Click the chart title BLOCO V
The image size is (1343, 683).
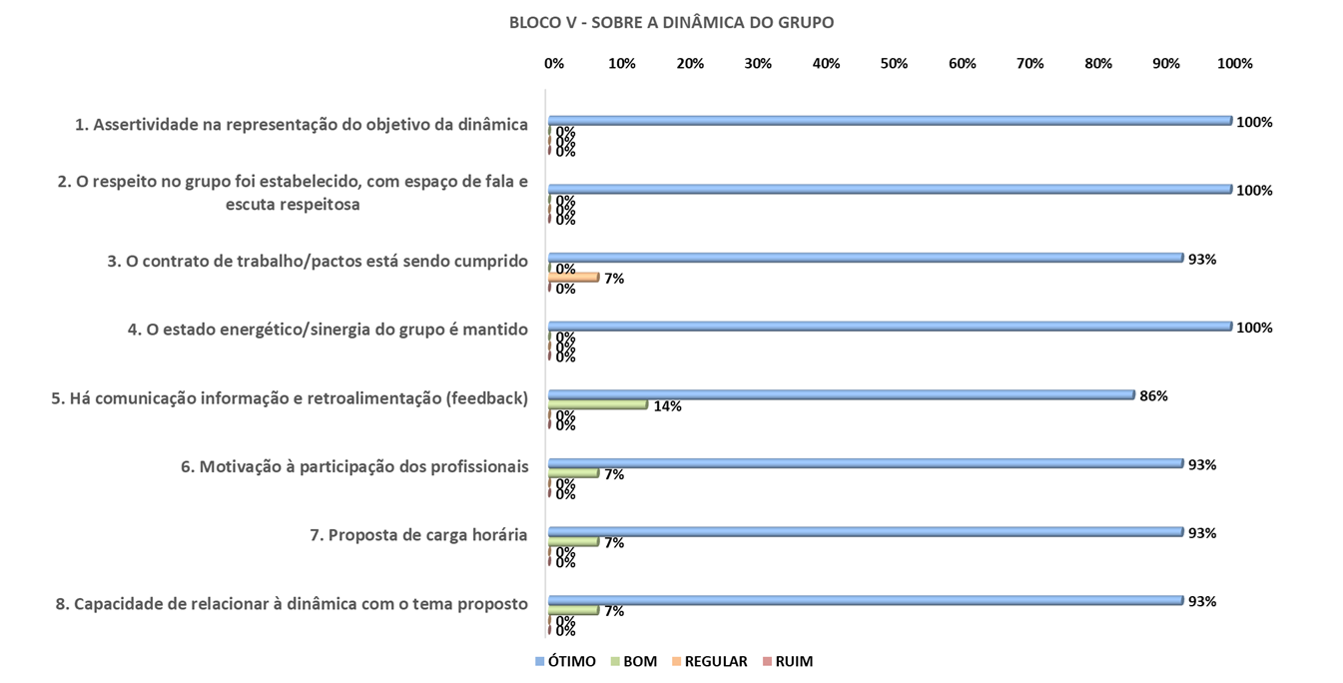[671, 22]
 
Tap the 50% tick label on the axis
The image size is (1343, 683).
[894, 63]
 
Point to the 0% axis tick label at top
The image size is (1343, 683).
[554, 63]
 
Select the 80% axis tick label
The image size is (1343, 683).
[1098, 63]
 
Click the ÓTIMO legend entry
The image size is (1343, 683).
[566, 661]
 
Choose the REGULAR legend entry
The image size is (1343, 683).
[708, 661]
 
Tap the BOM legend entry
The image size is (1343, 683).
[633, 661]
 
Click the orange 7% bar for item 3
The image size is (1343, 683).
[573, 277]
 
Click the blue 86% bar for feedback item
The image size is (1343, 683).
[841, 394]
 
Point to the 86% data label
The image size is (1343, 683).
[1153, 395]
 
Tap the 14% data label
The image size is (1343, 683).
[667, 406]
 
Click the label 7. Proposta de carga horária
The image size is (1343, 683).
[418, 534]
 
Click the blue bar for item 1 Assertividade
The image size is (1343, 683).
[889, 121]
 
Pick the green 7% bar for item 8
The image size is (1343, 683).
[573, 609]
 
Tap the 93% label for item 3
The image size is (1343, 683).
[1202, 260]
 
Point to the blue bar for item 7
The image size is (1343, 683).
[865, 531]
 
